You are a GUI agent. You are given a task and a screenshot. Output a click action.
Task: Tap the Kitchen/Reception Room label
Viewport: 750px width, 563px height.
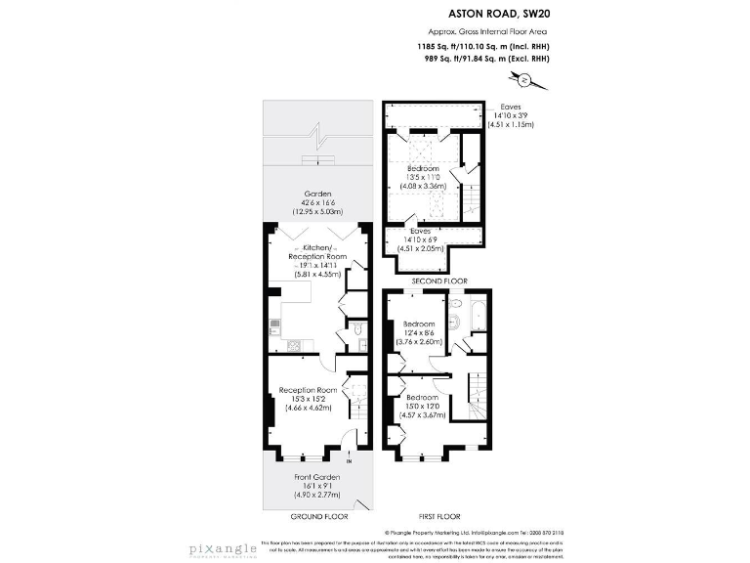(318, 253)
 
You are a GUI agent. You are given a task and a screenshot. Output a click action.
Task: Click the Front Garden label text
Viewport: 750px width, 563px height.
(317, 476)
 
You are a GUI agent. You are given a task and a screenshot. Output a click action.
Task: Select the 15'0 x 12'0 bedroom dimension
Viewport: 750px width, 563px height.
(422, 407)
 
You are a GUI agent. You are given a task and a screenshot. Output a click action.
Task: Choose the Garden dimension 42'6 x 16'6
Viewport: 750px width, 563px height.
(318, 202)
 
